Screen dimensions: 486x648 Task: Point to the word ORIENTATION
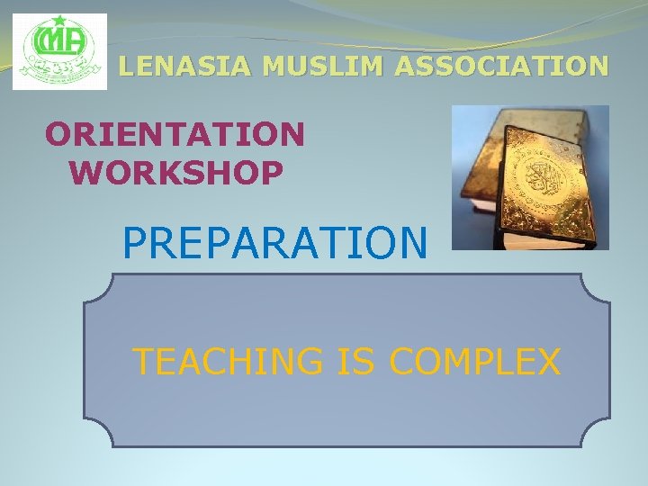[x=175, y=135]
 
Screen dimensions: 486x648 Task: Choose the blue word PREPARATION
[x=274, y=242]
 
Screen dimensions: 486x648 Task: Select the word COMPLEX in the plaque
[x=474, y=362]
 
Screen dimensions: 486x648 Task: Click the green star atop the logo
[x=60, y=21]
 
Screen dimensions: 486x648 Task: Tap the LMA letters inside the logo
[x=58, y=41]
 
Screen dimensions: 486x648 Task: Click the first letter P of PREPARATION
[x=134, y=242]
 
